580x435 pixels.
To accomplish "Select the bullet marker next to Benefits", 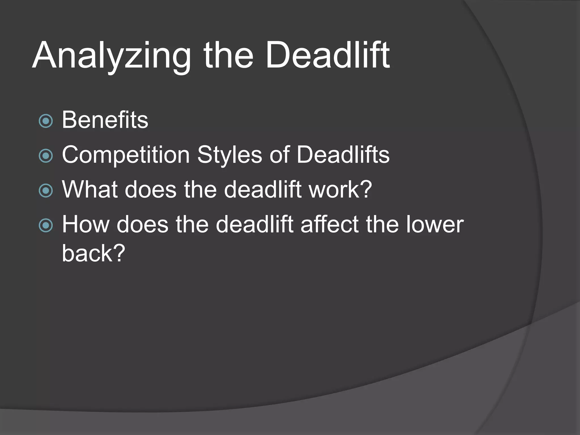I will [x=46, y=121].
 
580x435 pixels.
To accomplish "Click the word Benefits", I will [x=105, y=120].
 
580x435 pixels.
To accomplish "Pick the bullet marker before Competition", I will [x=46, y=156].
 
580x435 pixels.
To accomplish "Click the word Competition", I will [x=126, y=155].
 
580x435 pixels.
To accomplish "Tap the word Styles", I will [x=230, y=155].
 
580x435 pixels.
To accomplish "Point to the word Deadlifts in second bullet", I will [x=343, y=155].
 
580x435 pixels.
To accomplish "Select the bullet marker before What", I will [x=46, y=191].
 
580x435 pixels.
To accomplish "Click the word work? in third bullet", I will [x=340, y=189].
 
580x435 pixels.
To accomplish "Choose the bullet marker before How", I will [x=46, y=225].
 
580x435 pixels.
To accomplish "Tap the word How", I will [x=86, y=224].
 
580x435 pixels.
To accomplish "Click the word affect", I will [x=329, y=224].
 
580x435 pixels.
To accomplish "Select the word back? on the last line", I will [x=93, y=253].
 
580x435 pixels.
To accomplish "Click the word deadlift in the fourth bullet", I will [x=254, y=224].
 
